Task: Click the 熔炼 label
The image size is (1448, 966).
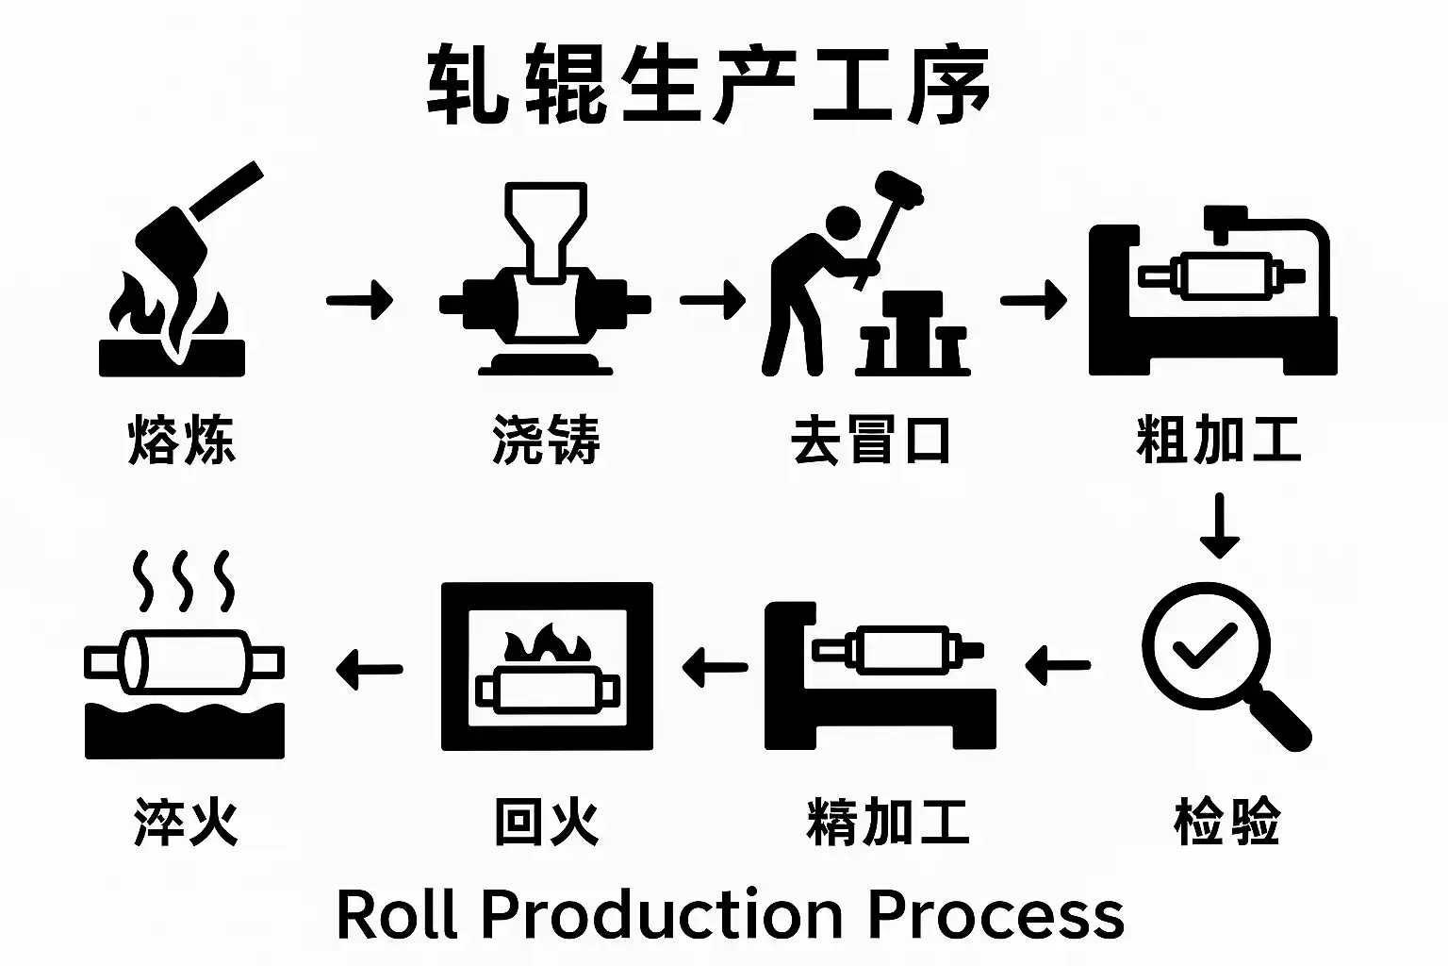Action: click(181, 440)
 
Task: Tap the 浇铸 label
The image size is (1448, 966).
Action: click(546, 440)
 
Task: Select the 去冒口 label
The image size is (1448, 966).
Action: click(871, 440)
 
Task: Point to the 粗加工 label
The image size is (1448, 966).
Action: click(1219, 440)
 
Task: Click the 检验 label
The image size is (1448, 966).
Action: click(1226, 821)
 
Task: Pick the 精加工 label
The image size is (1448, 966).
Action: click(888, 821)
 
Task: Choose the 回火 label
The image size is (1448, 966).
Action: click(547, 821)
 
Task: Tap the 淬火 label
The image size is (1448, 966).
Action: click(186, 821)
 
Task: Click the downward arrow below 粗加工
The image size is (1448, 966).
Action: click(1219, 525)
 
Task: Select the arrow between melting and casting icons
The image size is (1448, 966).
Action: click(359, 301)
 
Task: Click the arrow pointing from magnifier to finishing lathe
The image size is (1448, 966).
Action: click(1057, 665)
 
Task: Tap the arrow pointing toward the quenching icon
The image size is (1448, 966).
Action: click(369, 670)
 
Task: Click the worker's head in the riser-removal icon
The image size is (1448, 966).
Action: click(842, 226)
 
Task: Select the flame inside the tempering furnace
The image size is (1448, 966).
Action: click(547, 646)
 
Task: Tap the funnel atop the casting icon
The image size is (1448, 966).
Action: click(546, 226)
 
